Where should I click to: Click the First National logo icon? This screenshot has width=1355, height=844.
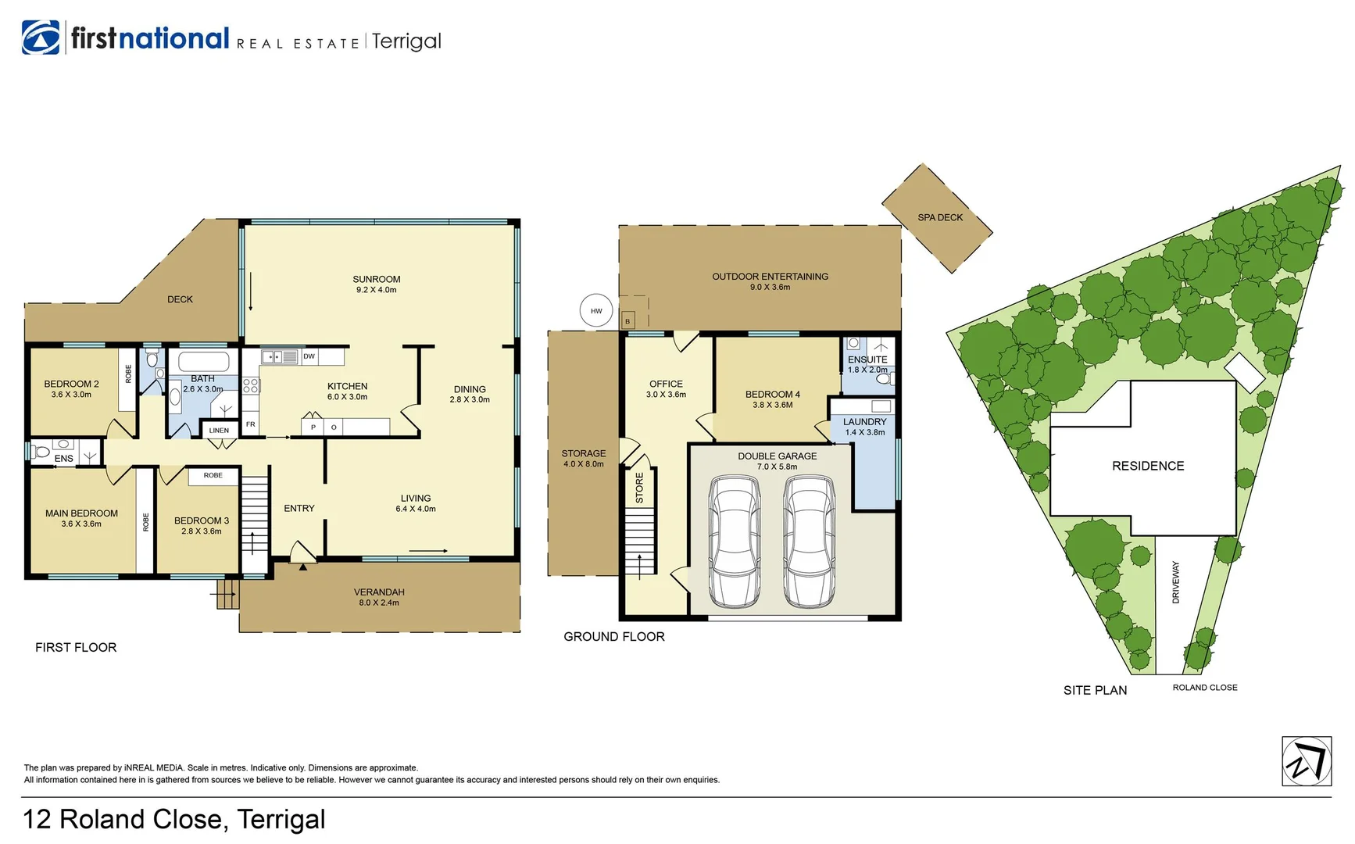41,38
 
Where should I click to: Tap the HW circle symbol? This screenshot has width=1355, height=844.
596,311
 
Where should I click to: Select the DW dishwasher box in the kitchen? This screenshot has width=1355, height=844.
309,356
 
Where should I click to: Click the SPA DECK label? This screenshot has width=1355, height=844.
940,217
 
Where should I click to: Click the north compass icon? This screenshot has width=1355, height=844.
1307,761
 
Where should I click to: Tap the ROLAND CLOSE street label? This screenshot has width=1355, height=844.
1204,688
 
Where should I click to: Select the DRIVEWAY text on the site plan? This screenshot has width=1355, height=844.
1176,582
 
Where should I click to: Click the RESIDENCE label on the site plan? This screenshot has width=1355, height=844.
1148,466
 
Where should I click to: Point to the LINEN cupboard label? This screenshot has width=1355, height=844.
220,431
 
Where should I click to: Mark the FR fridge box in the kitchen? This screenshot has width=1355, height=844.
251,424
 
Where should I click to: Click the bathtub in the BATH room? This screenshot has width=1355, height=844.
204,362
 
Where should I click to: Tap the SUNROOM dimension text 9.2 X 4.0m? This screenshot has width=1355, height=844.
377,290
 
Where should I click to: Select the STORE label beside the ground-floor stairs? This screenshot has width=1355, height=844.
639,488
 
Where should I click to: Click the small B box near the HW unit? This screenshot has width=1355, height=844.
627,321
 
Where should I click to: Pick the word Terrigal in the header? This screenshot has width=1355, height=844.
406,41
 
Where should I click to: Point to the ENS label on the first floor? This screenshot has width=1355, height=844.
64,459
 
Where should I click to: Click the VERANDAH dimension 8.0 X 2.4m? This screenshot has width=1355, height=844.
379,603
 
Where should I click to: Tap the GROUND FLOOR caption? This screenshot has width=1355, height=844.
614,637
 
